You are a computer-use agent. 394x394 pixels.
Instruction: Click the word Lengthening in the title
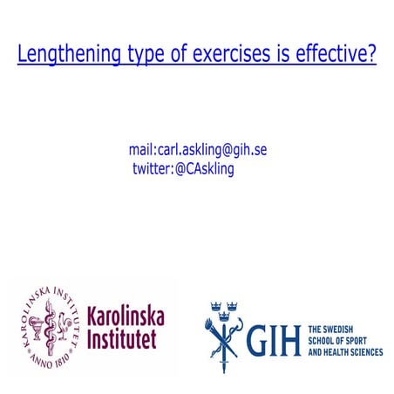(x=68, y=55)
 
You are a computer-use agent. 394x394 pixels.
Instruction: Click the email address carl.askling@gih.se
(x=211, y=150)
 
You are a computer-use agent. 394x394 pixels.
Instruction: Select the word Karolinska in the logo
(x=126, y=315)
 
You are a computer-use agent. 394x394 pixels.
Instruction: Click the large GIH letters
(x=274, y=340)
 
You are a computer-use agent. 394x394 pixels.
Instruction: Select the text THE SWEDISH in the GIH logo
(x=334, y=330)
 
